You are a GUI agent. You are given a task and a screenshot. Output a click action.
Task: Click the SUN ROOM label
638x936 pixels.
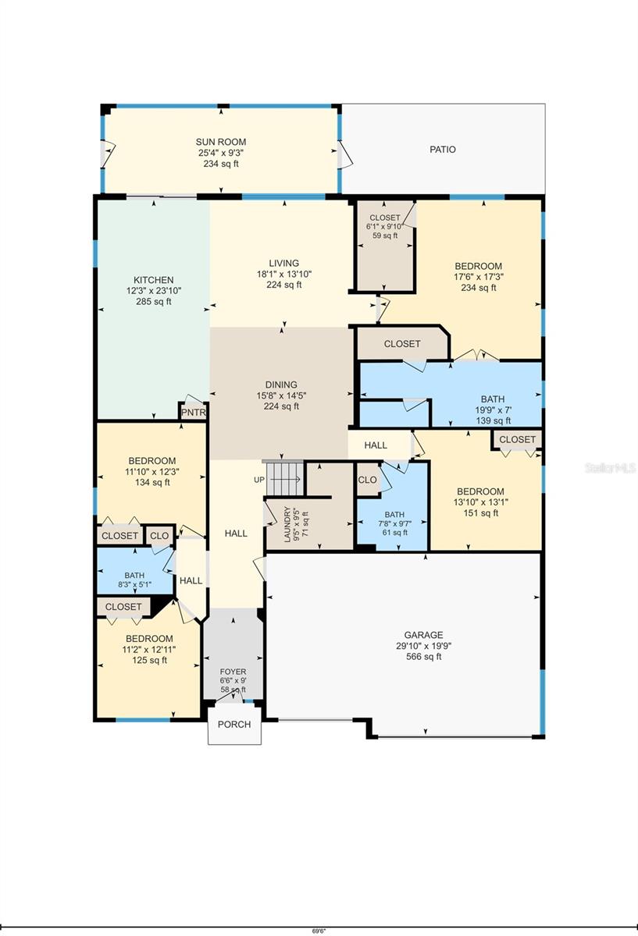221,142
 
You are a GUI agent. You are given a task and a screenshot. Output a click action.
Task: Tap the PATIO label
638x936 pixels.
443,149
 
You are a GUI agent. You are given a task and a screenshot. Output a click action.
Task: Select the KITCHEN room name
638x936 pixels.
154,280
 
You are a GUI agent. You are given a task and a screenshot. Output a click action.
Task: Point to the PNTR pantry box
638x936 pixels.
194,413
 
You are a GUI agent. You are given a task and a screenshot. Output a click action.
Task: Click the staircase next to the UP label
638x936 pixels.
284,478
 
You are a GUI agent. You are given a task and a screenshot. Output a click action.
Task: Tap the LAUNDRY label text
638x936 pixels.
287,525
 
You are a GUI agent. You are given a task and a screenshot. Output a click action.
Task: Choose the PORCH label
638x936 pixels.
234,724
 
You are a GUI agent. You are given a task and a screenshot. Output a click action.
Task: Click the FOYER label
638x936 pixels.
233,672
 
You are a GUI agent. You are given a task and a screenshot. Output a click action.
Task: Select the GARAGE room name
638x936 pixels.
424,635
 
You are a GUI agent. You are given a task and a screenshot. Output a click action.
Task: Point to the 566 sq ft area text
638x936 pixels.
424,657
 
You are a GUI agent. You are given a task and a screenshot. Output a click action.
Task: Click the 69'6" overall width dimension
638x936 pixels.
319,931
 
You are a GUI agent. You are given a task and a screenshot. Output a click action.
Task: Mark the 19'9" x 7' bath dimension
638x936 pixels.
493,410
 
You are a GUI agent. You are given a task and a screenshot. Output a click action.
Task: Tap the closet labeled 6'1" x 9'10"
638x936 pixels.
384,246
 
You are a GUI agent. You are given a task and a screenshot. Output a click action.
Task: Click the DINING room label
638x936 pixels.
281,385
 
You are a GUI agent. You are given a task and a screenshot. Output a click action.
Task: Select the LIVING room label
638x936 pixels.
284,264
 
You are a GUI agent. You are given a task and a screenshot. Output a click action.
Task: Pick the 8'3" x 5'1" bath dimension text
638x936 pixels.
134,584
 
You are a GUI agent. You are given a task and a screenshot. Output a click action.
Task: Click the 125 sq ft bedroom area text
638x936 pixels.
149,660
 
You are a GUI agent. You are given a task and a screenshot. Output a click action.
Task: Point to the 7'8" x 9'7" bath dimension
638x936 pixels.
394,523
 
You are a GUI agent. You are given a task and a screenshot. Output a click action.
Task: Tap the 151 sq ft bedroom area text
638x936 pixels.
481,513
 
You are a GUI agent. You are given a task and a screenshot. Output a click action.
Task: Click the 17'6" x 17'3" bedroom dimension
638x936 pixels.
479,277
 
